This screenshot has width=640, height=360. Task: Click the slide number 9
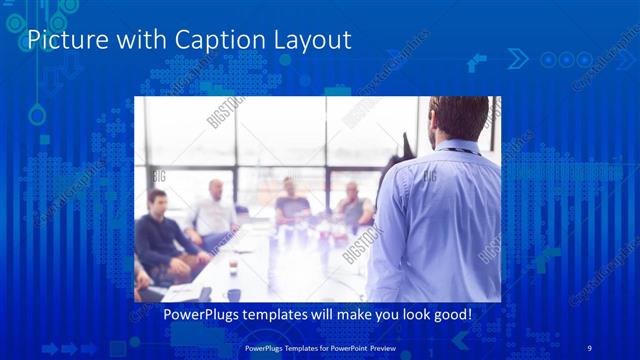(x=589, y=347)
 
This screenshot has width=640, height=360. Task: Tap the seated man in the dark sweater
(x=161, y=238)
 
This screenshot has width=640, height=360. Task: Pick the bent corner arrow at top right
(x=477, y=63)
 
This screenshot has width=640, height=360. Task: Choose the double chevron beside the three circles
(x=517, y=59)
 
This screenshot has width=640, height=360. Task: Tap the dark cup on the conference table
(x=233, y=294)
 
